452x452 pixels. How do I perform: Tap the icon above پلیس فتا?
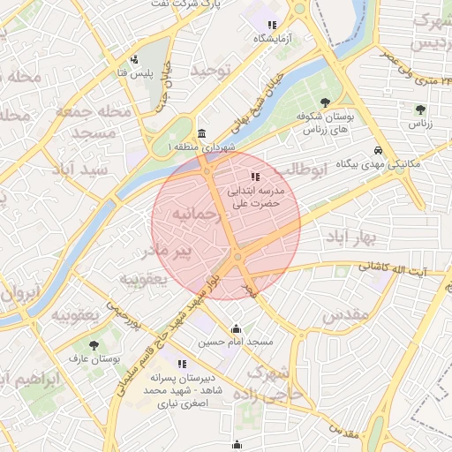132,59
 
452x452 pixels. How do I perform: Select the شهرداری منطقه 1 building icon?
202,133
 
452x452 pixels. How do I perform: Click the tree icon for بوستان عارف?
94,345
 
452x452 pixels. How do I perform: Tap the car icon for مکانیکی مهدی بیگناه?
379,150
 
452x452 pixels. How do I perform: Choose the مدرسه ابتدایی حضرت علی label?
254,196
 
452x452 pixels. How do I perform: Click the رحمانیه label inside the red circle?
193,215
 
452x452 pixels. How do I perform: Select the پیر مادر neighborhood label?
167,253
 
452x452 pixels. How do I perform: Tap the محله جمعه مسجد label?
92,123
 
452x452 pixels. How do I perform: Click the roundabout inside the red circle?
237,257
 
